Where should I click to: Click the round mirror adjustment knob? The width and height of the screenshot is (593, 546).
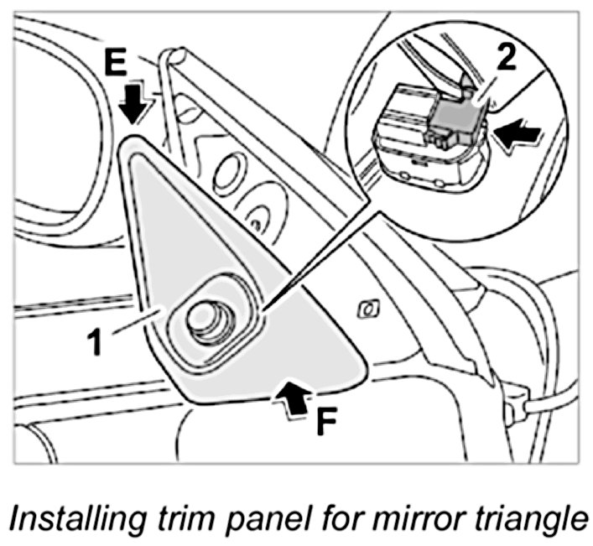coord(204,319)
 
